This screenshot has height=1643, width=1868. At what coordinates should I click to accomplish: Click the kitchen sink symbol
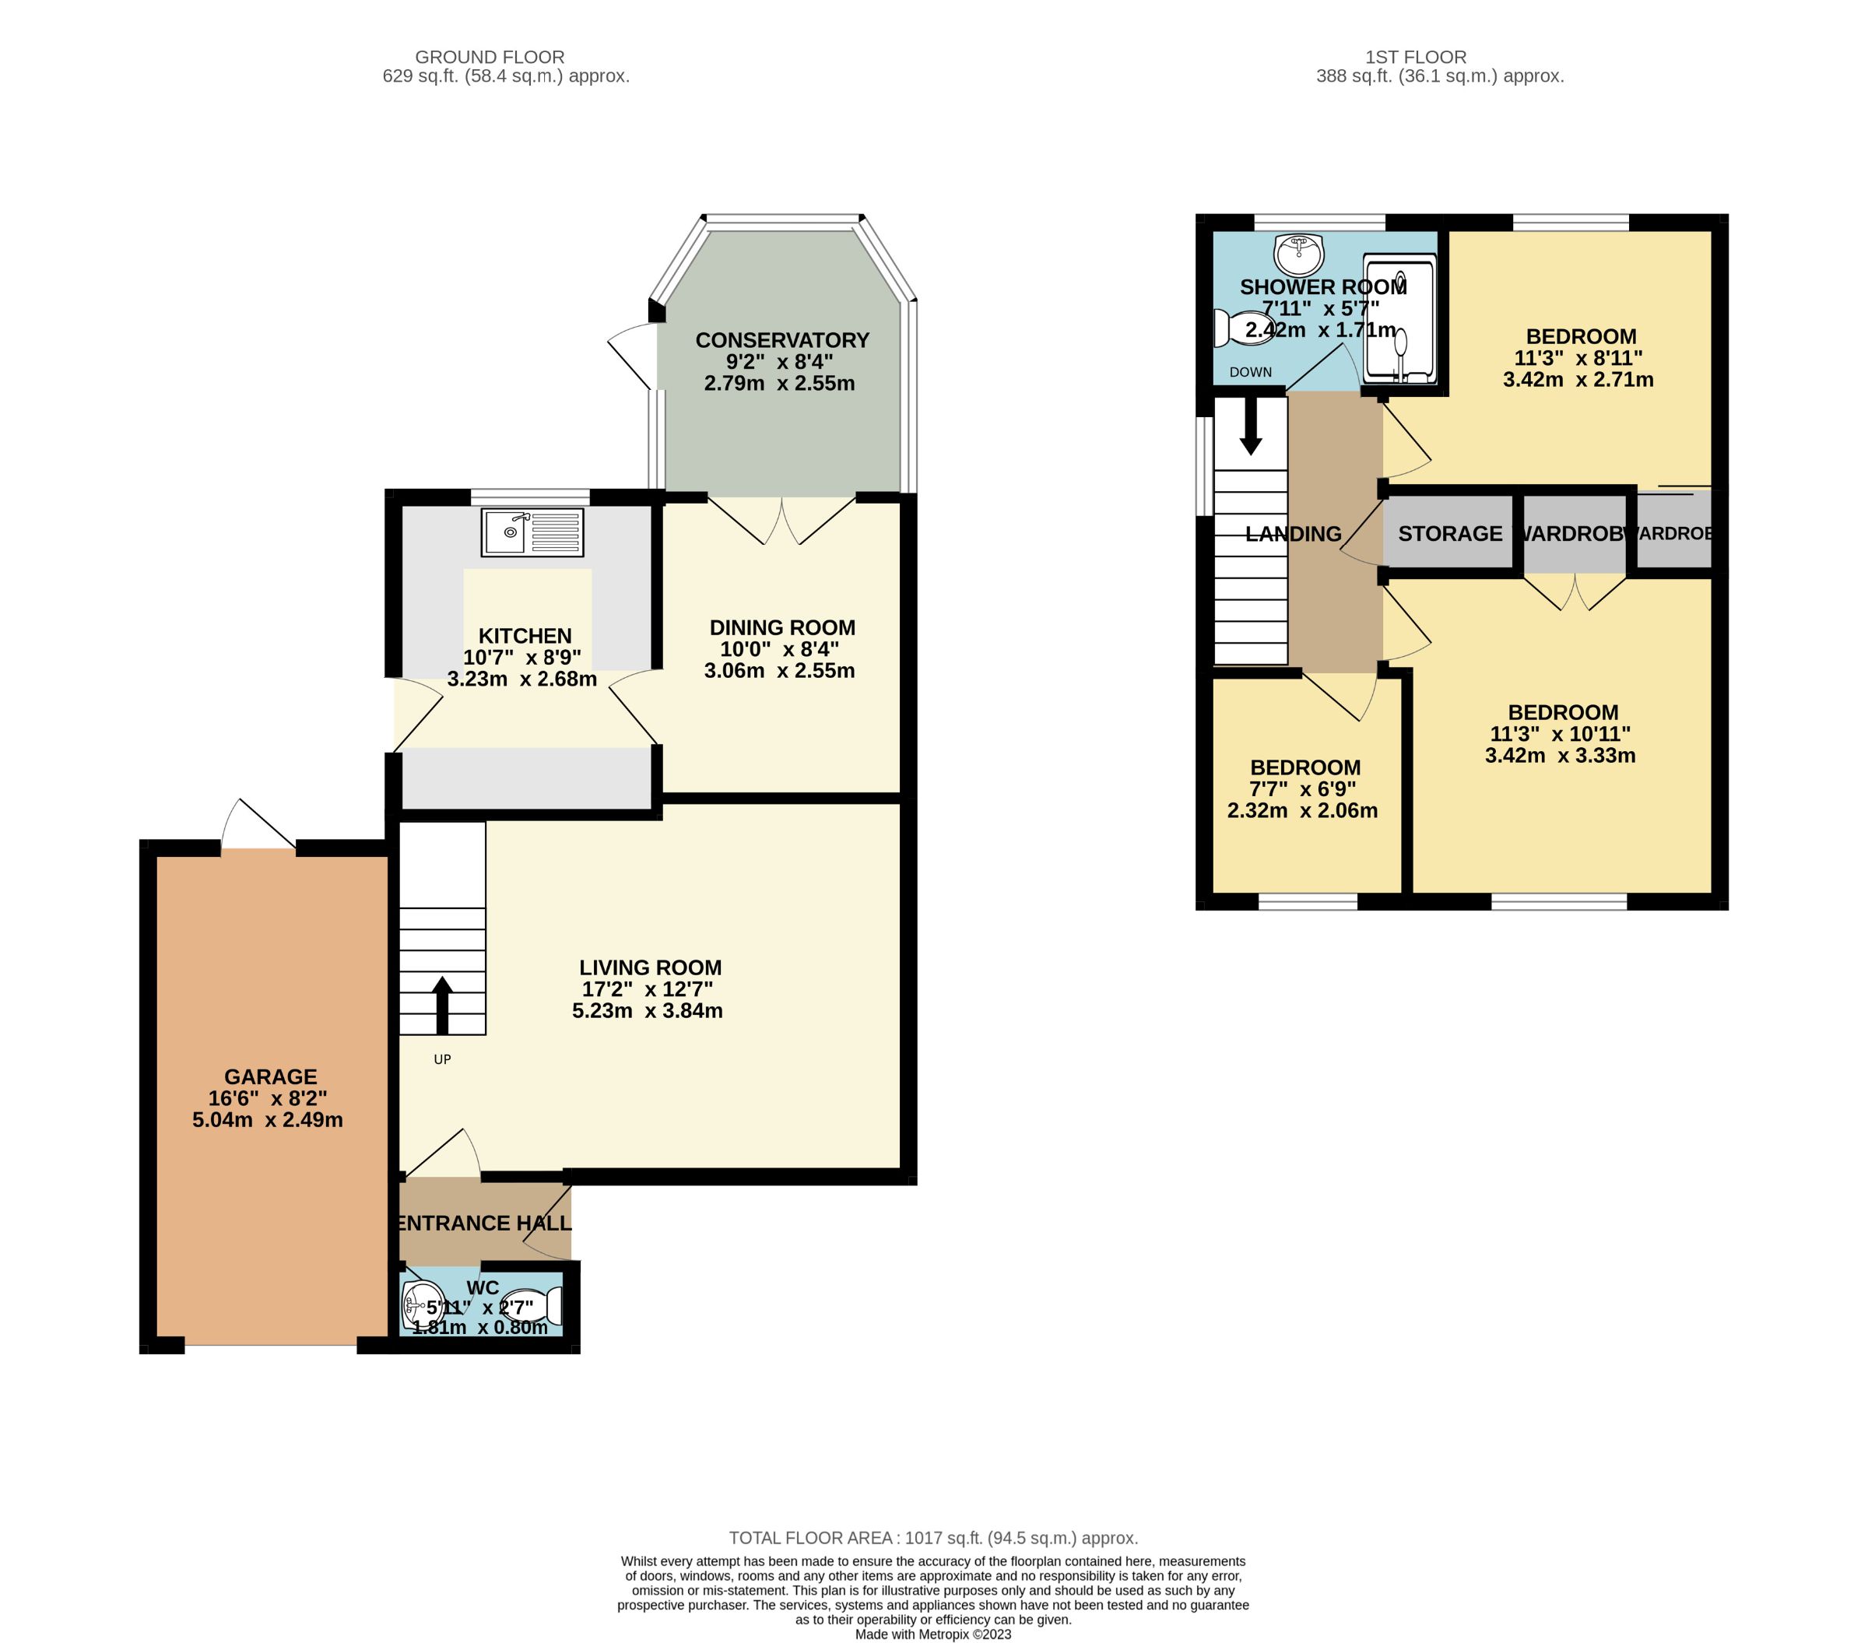(532, 532)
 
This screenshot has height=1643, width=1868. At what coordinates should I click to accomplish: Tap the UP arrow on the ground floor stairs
(441, 1004)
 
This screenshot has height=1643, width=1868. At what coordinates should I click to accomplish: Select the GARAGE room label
(271, 1076)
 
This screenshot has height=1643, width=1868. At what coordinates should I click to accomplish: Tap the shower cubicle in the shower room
(1398, 318)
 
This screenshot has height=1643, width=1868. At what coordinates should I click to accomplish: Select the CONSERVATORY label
(781, 340)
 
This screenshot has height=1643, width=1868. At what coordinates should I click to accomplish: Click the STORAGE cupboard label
(1449, 534)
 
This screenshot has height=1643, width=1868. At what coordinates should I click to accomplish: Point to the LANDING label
(1293, 534)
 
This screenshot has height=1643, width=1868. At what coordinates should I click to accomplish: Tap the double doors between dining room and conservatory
(782, 521)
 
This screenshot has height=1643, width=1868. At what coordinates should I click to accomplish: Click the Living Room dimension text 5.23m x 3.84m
(647, 1011)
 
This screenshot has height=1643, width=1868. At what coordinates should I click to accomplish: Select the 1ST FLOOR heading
(1415, 57)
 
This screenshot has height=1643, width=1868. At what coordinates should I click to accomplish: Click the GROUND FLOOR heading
(490, 57)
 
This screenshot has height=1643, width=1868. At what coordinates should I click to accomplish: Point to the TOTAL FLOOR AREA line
(933, 1538)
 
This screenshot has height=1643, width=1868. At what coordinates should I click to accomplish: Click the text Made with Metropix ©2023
(933, 1634)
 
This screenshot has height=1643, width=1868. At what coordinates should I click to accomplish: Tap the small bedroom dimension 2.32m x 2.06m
(1301, 810)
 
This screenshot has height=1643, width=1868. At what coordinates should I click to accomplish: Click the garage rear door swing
(258, 825)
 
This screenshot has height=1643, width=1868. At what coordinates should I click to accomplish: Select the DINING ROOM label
(782, 628)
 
